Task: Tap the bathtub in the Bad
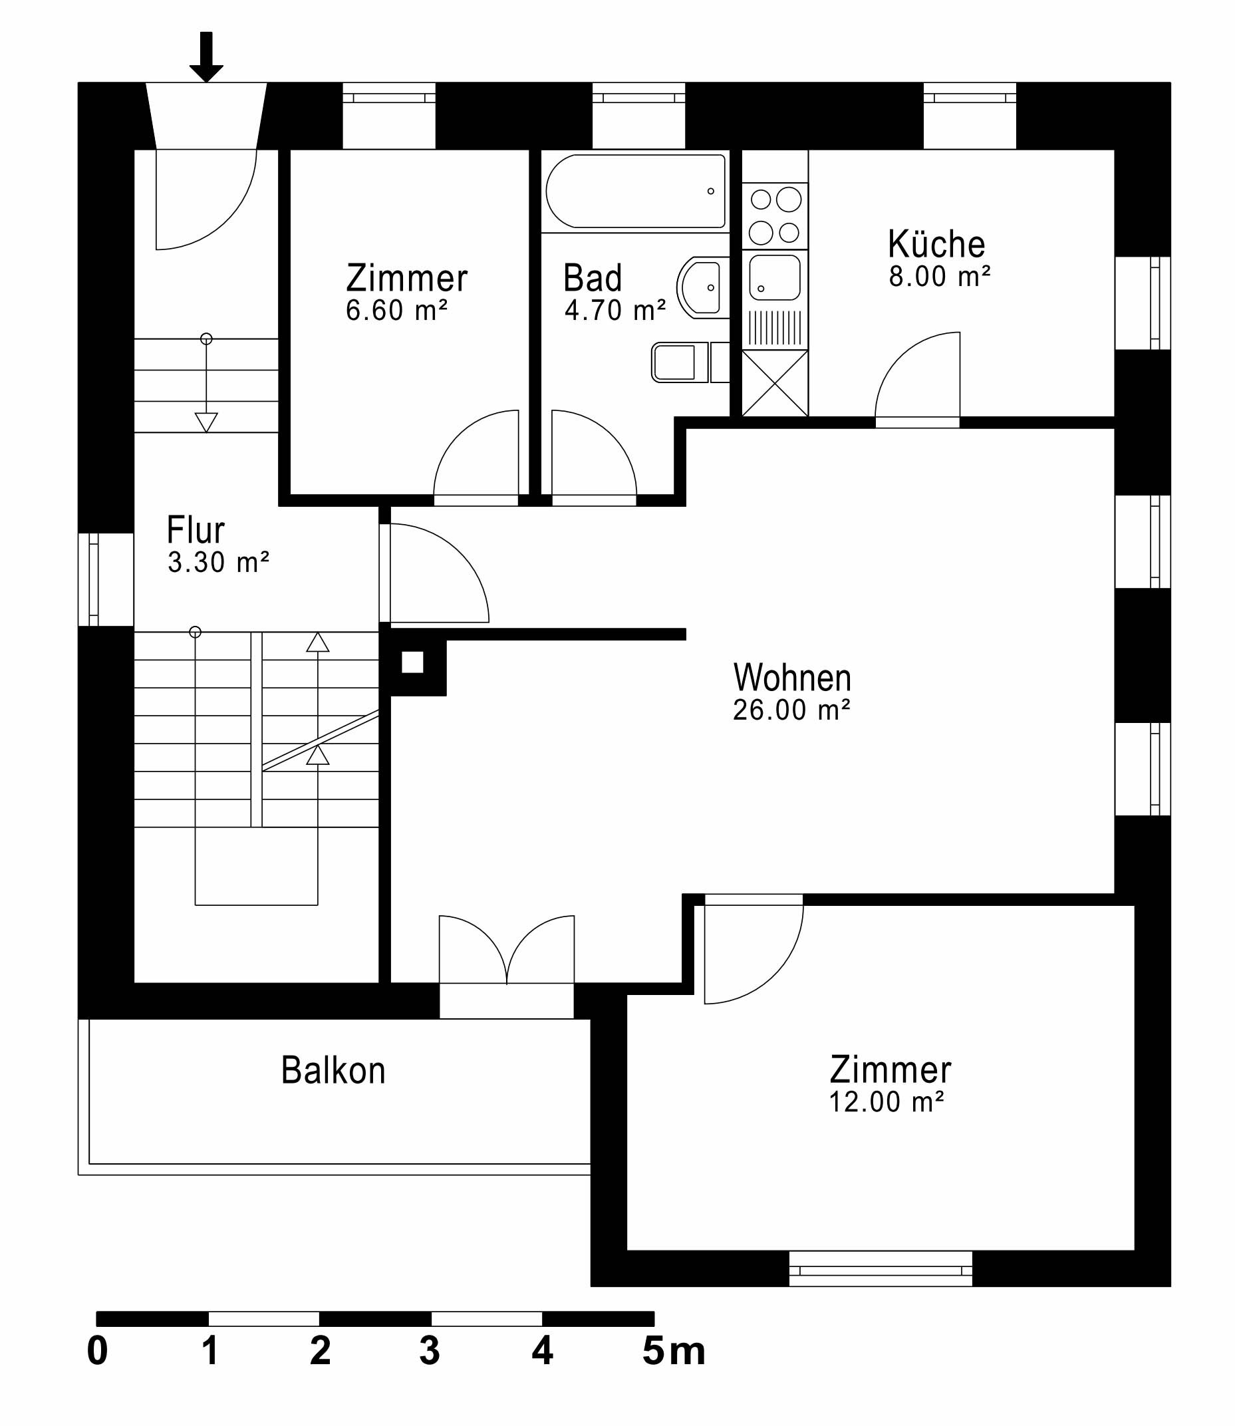click(634, 191)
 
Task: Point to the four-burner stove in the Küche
click(775, 215)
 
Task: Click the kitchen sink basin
click(775, 278)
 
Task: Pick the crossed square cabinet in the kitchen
click(775, 383)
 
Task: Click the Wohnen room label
click(792, 678)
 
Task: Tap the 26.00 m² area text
click(791, 710)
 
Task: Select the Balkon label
click(333, 1070)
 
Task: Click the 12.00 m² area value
click(886, 1102)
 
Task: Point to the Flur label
click(196, 530)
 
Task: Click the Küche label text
click(936, 244)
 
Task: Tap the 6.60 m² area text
click(396, 311)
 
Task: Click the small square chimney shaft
click(412, 662)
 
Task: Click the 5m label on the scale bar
click(673, 1352)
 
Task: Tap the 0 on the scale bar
click(97, 1352)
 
